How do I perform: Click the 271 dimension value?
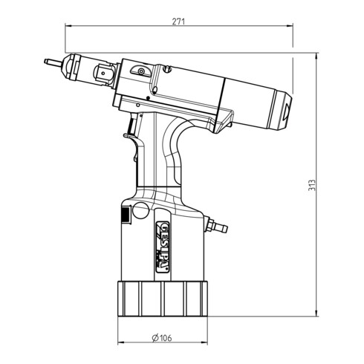pyautogui.click(x=178, y=22)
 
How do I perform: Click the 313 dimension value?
pyautogui.click(x=312, y=185)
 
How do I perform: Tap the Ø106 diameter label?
pyautogui.click(x=162, y=338)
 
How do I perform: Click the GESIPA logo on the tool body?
pyautogui.click(x=163, y=247)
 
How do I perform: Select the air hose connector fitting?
pyautogui.click(x=215, y=225)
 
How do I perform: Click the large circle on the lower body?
pyautogui.click(x=141, y=210)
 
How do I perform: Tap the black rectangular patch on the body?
pyautogui.click(x=126, y=215)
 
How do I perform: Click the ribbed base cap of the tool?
pyautogui.click(x=163, y=299)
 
